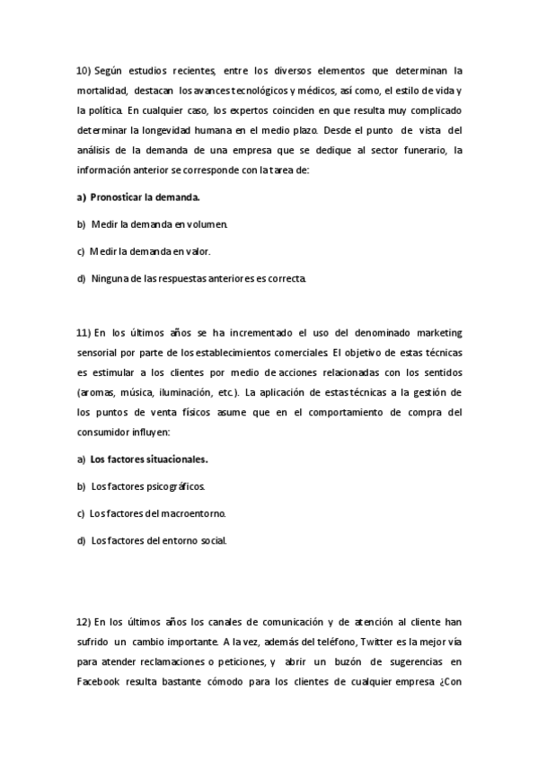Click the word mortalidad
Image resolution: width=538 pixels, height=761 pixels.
coord(102,91)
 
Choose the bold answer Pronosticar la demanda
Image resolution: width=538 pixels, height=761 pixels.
coord(145,197)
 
